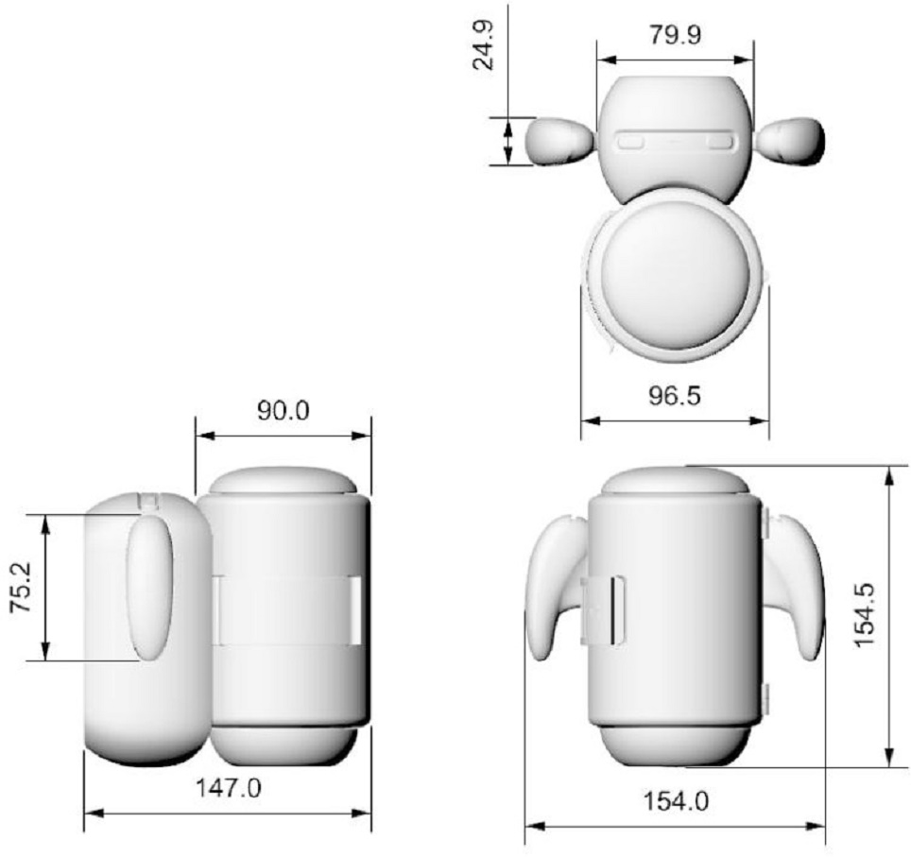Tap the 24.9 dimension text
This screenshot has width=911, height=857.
(x=484, y=45)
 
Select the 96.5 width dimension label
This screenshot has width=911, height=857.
(x=675, y=396)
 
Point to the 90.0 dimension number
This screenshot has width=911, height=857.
(x=284, y=411)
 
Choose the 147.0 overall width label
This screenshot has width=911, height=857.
(x=229, y=788)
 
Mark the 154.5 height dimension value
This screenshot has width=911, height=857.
(x=865, y=615)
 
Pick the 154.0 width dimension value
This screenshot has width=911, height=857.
(x=676, y=802)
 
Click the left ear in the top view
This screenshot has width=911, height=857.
(x=559, y=140)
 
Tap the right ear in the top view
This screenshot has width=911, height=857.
(x=791, y=140)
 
